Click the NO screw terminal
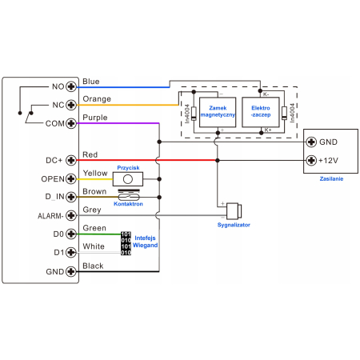pyautogui.click(x=71, y=86)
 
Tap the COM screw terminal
pyautogui.click(x=71, y=123)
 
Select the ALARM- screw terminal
pyautogui.click(x=71, y=215)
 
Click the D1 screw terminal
pyautogui.click(x=71, y=252)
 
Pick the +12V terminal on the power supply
pyautogui.click(x=311, y=160)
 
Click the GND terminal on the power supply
pyautogui.click(x=311, y=142)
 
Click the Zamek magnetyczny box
pyautogui.click(x=218, y=112)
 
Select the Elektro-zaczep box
pyautogui.click(x=261, y=112)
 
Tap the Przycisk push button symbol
pyautogui.click(x=128, y=179)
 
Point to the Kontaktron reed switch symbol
pyautogui.click(x=129, y=197)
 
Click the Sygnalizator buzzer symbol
pyautogui.click(x=234, y=211)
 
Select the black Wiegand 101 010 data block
pyautogui.click(x=126, y=243)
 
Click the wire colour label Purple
pyautogui.click(x=95, y=118)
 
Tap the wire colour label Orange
pyautogui.click(x=97, y=99)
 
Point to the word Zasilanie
pyautogui.click(x=331, y=178)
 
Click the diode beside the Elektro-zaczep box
pyautogui.click(x=284, y=113)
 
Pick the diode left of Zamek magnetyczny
pyautogui.click(x=194, y=114)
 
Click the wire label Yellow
pyautogui.click(x=95, y=174)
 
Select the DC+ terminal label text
pyautogui.click(x=54, y=160)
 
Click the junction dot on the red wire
pyautogui.click(x=218, y=160)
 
